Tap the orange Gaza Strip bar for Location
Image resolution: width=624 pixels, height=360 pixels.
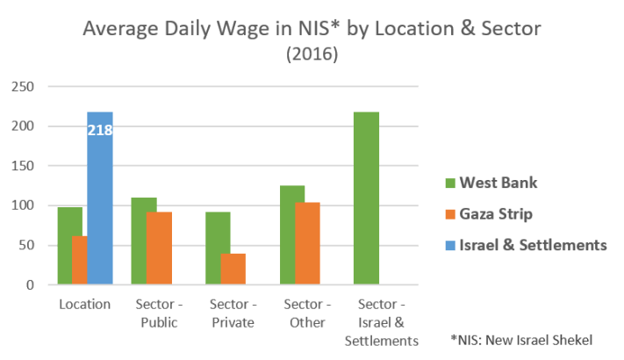[79, 260]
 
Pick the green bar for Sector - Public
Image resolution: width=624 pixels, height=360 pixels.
[143, 241]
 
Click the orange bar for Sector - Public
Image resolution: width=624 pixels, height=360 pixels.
[160, 248]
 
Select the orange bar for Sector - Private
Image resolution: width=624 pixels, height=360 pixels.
[233, 269]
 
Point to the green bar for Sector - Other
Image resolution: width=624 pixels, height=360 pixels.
[292, 234]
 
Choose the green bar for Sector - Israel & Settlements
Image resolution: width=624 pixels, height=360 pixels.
[366, 198]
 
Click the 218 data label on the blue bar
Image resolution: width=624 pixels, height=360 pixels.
[100, 131]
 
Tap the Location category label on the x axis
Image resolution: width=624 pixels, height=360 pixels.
[85, 304]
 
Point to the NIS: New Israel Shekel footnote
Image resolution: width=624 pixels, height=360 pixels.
[521, 339]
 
